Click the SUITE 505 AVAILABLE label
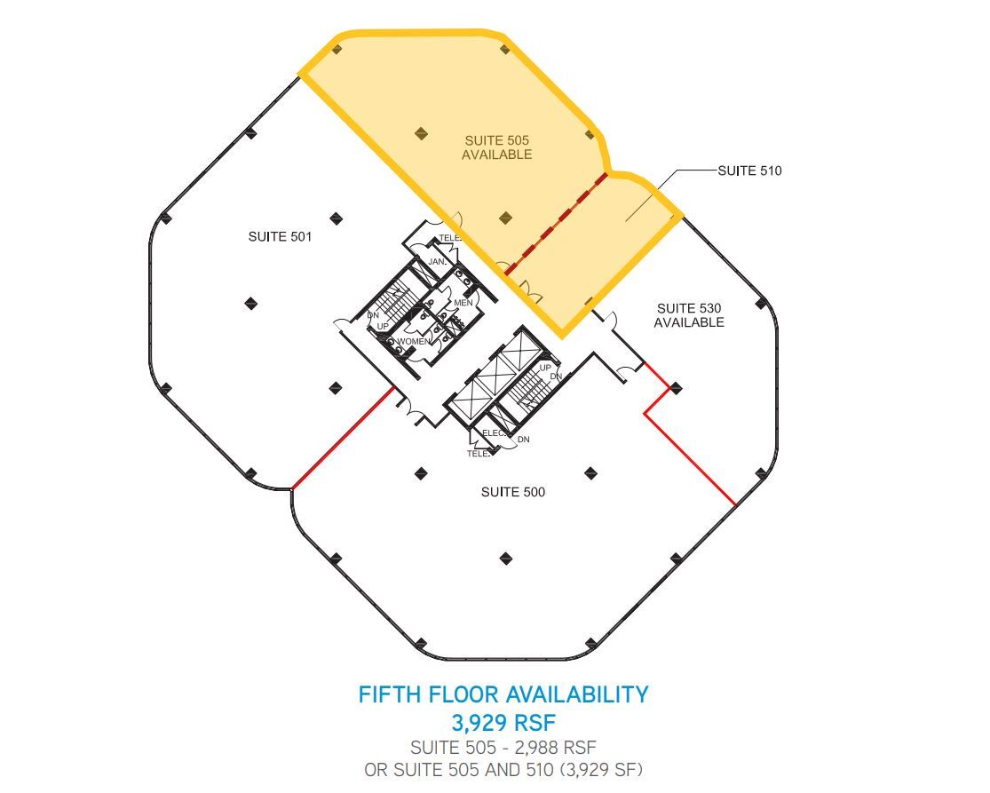point(497,147)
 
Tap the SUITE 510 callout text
point(749,170)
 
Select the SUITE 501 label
point(280,236)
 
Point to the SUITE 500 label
point(512,492)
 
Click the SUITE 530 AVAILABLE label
point(689,315)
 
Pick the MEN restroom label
point(463,303)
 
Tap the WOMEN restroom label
point(414,342)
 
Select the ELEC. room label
point(494,433)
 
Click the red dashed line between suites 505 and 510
point(557,223)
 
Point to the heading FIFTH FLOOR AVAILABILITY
point(503,694)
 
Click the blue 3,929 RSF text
point(503,722)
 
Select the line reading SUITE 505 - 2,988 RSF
point(503,748)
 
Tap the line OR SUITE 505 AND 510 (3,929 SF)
point(503,770)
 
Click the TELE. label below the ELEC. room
point(478,453)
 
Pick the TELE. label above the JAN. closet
point(449,238)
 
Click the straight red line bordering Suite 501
point(343,438)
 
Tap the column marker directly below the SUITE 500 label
point(506,559)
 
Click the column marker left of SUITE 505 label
point(421,133)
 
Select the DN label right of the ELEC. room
point(523,440)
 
